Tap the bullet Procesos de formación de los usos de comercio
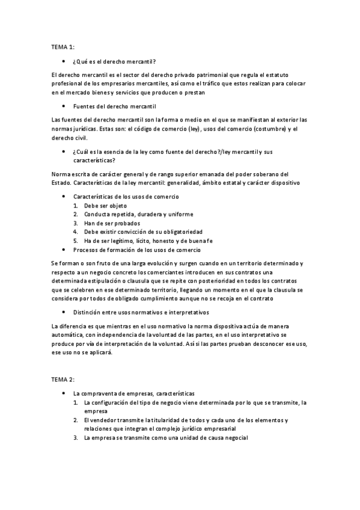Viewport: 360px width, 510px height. [136, 249]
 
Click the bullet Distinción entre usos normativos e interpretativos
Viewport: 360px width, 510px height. [141, 313]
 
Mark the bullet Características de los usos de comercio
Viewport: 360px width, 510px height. [126, 197]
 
